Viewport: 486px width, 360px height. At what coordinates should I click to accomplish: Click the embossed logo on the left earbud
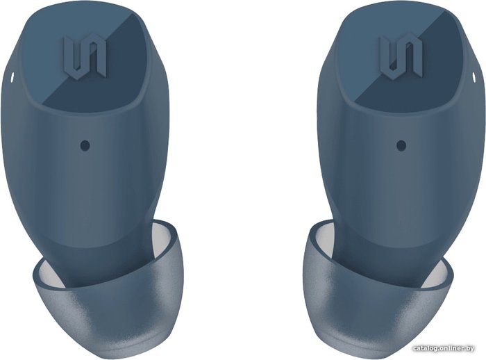coord(85,57)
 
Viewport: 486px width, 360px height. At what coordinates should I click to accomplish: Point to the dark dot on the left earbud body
coord(85,145)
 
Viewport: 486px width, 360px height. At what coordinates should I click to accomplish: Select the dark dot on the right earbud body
coord(401,145)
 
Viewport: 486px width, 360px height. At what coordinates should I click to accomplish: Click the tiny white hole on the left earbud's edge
coord(12,78)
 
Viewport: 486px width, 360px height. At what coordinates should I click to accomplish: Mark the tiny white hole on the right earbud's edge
coord(474,78)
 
